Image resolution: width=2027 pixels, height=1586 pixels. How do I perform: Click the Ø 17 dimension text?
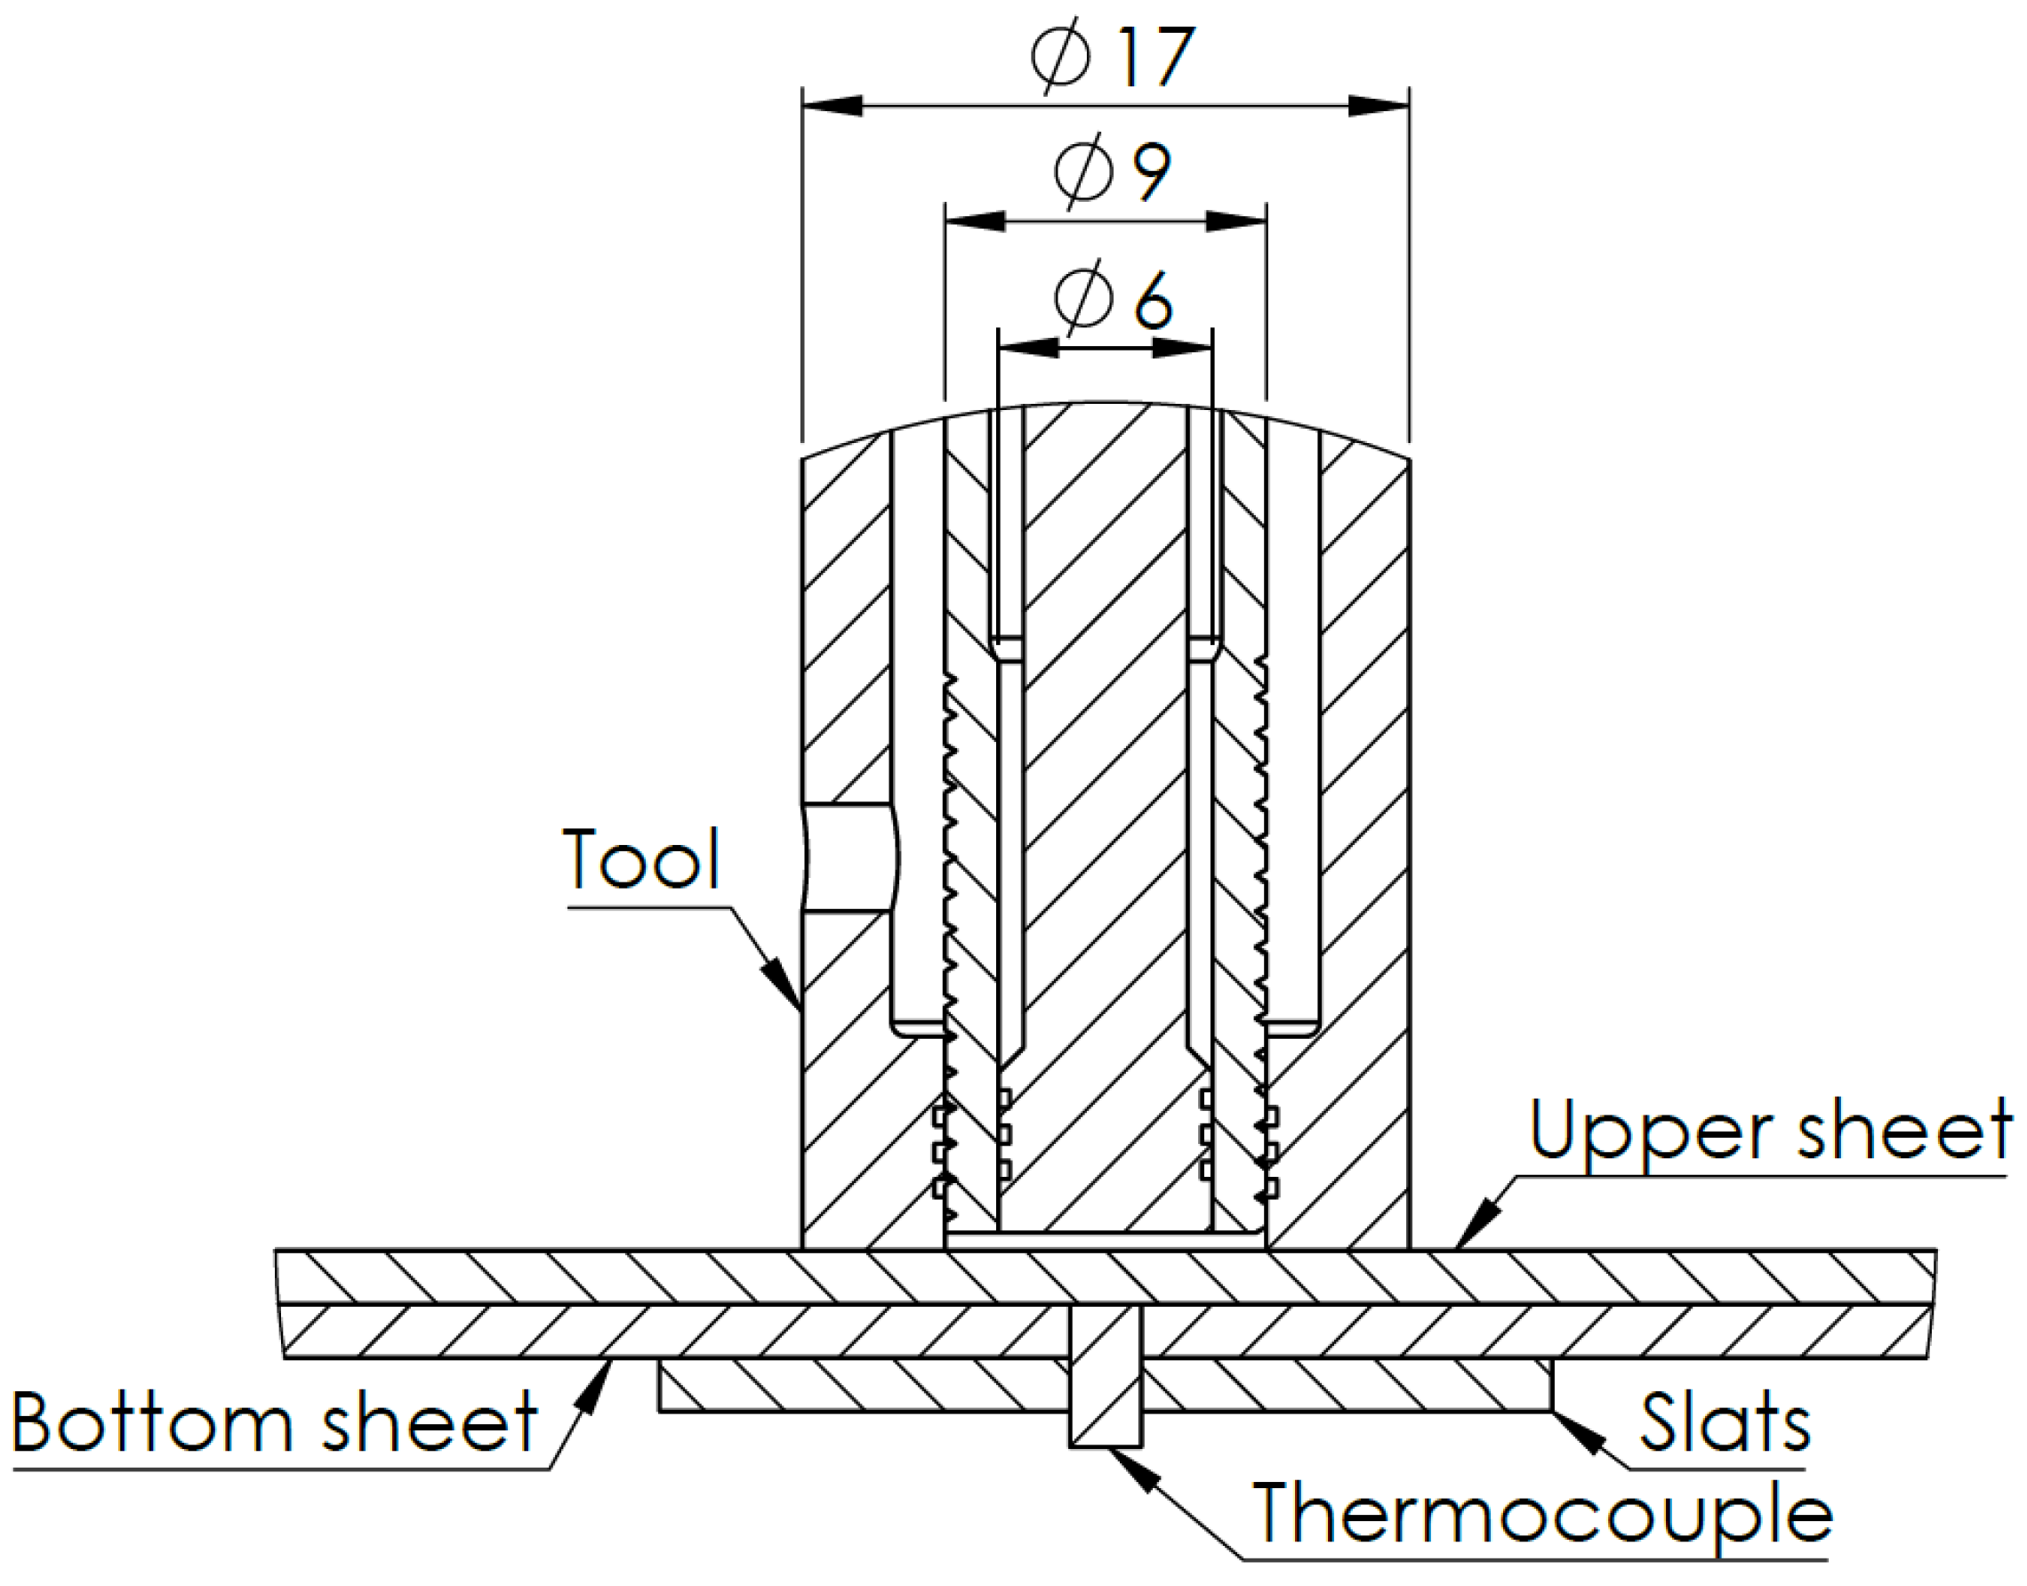(x=1112, y=58)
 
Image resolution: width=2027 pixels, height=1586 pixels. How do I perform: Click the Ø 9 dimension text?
(x=1112, y=173)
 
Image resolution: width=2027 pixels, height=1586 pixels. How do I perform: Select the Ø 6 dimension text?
(x=1112, y=301)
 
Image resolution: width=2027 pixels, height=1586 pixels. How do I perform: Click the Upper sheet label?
(x=1769, y=1130)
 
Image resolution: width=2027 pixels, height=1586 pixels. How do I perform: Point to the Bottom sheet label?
(x=275, y=1422)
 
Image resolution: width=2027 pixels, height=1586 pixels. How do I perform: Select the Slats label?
(x=1725, y=1423)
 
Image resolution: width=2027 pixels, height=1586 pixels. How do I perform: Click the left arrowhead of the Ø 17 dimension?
(x=831, y=106)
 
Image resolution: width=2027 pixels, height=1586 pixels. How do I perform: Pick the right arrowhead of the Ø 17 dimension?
(x=1379, y=106)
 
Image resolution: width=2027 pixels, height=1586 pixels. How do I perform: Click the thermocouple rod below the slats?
(x=1105, y=1422)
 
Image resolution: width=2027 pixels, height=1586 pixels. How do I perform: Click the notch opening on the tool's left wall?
(x=849, y=858)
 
